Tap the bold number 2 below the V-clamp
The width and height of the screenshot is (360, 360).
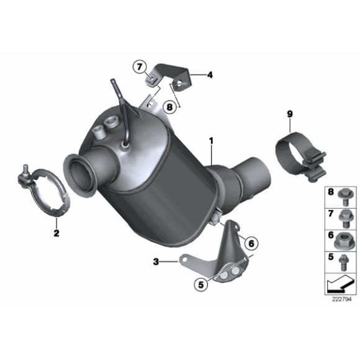56,233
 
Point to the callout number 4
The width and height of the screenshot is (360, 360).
210,75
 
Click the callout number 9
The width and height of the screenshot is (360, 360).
289,114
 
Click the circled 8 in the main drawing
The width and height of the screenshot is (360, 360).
169,107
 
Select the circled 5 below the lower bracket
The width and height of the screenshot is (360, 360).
200,286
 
